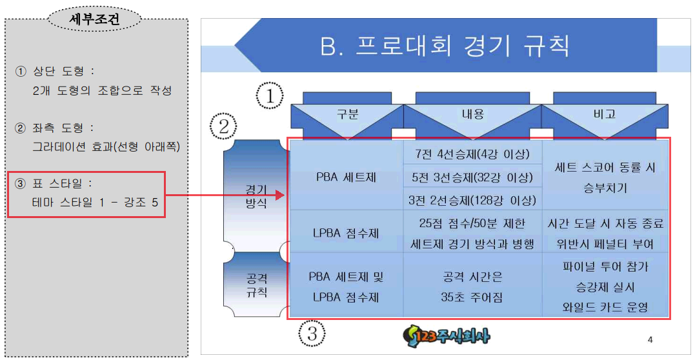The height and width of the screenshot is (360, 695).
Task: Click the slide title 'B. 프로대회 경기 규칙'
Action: [x=445, y=46]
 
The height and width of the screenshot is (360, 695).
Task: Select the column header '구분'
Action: [x=347, y=115]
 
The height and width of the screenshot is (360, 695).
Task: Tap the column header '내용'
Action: [x=472, y=115]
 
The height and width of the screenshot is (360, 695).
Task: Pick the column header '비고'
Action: [x=605, y=115]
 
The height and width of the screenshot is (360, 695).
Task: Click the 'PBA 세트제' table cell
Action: [x=347, y=177]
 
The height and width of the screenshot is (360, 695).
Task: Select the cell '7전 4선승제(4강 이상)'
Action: [x=472, y=154]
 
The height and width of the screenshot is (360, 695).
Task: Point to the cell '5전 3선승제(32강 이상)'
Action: [x=472, y=177]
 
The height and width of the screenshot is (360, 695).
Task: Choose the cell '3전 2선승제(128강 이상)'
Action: [x=472, y=199]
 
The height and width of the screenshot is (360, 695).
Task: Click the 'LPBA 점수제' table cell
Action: [x=347, y=232]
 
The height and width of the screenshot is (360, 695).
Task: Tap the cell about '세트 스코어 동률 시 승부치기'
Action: [x=605, y=177]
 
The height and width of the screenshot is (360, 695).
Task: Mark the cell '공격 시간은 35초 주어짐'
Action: [x=472, y=287]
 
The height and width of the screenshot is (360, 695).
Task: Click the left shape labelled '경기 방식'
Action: [x=256, y=196]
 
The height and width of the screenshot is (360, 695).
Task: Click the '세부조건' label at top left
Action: [x=94, y=19]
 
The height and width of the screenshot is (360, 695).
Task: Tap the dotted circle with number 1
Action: [x=270, y=96]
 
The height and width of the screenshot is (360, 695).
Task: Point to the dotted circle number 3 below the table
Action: [x=312, y=334]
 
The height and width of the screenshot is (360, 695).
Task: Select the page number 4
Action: [x=650, y=339]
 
